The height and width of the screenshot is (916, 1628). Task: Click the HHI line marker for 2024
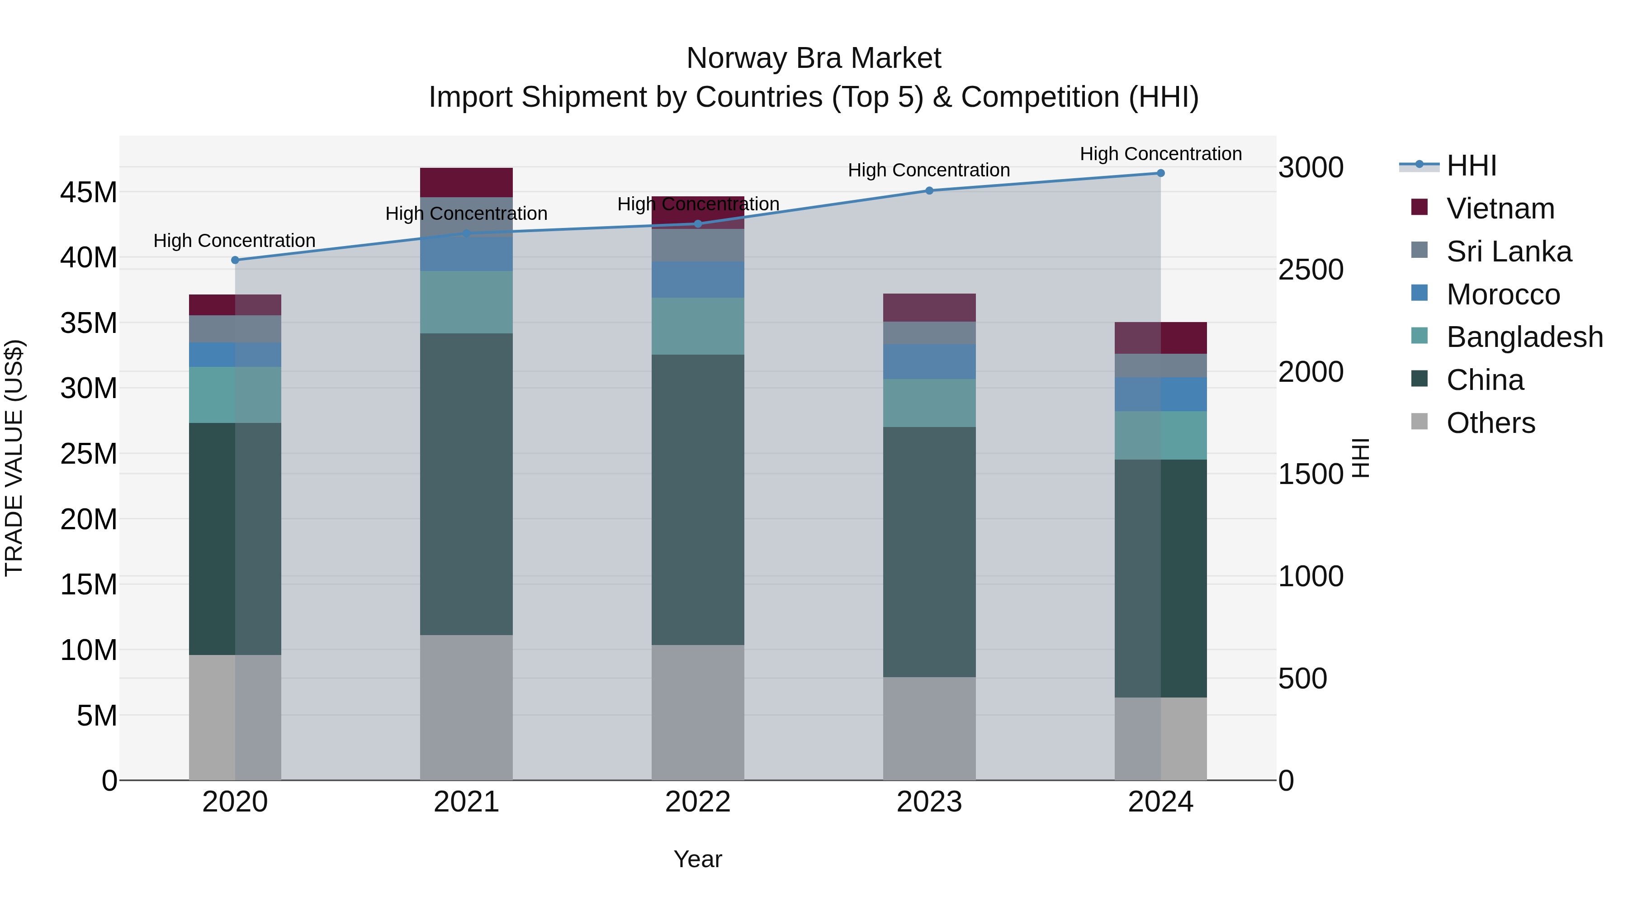point(1160,173)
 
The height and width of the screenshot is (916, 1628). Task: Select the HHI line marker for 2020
point(235,260)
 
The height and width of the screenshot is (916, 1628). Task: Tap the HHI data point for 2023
point(929,190)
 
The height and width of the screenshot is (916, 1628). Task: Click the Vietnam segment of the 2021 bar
point(466,183)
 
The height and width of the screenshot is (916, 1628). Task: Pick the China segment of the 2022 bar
point(698,499)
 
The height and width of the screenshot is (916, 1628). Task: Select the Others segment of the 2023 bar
point(929,728)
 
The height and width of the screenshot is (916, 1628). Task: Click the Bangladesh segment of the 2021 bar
point(466,302)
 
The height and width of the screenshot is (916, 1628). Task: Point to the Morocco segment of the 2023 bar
point(929,361)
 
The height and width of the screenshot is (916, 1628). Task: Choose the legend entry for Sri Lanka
point(1509,252)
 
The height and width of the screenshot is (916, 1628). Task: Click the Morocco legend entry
point(1503,294)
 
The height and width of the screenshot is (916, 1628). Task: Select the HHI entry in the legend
point(1471,166)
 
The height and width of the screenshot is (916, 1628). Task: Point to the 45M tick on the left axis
point(89,192)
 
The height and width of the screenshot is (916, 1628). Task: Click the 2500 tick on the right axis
point(1311,270)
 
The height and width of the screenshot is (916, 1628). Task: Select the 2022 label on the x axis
point(698,802)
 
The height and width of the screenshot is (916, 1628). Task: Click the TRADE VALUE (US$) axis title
point(14,458)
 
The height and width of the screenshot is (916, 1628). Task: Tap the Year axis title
point(698,859)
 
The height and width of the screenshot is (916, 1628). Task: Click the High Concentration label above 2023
point(929,170)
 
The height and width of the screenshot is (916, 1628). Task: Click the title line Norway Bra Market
point(814,58)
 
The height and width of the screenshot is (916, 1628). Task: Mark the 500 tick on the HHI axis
point(1302,679)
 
